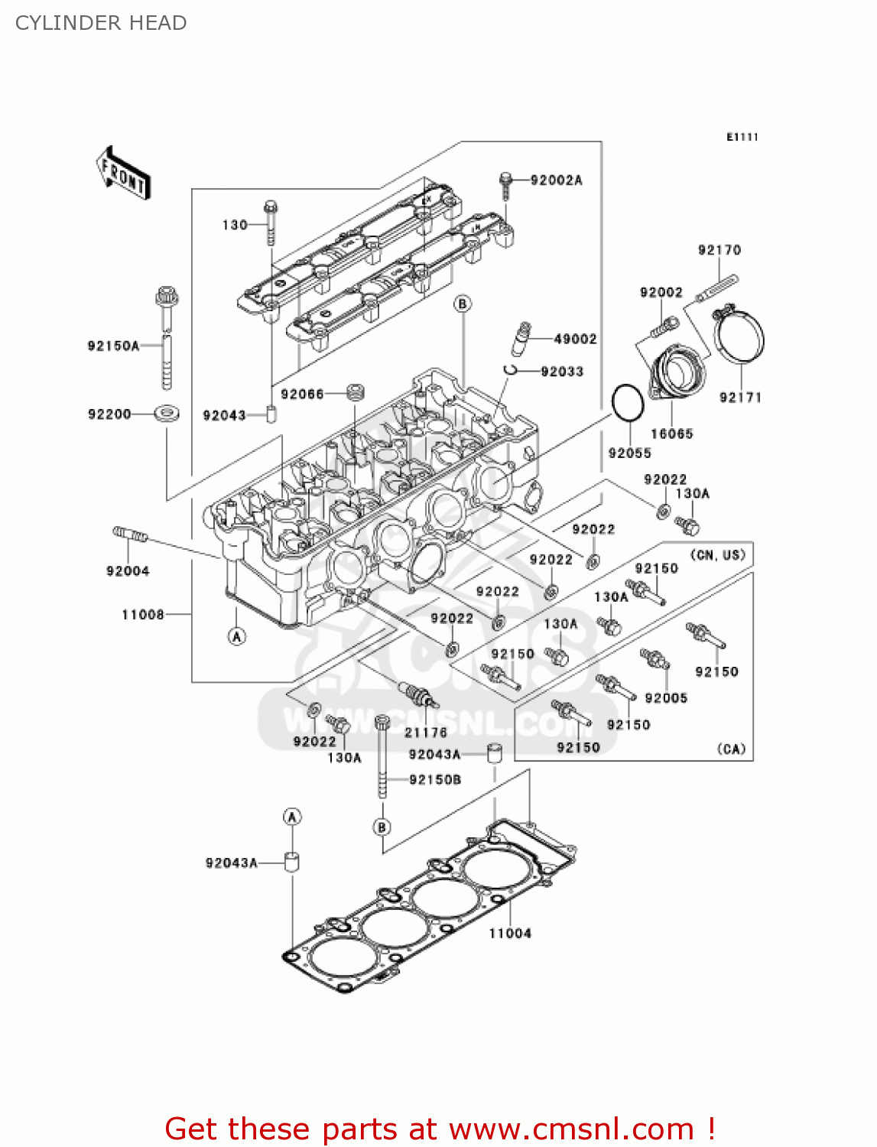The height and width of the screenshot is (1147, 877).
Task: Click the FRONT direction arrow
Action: tap(123, 174)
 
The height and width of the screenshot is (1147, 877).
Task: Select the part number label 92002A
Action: tap(556, 180)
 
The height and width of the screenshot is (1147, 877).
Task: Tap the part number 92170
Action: tap(719, 250)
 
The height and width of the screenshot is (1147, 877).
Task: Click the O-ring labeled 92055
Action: tap(628, 403)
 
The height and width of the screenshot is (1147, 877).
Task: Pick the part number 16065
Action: tap(671, 434)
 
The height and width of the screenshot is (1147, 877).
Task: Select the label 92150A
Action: tap(113, 346)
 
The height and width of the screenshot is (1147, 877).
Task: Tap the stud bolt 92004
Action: tap(129, 534)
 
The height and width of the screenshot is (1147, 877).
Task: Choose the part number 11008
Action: tap(143, 614)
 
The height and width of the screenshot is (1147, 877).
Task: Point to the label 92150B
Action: tap(434, 780)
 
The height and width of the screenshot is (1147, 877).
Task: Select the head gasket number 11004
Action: tap(510, 933)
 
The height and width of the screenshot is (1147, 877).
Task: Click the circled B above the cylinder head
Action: tap(463, 304)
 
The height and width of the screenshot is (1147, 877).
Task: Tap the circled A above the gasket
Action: tap(292, 817)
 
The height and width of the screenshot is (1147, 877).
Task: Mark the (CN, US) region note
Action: tap(716, 554)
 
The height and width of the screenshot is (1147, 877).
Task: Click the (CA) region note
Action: tap(731, 749)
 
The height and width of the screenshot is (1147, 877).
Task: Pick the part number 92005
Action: tap(666, 697)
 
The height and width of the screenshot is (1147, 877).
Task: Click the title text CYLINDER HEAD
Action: tap(101, 23)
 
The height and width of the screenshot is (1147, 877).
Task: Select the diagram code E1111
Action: tap(742, 137)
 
